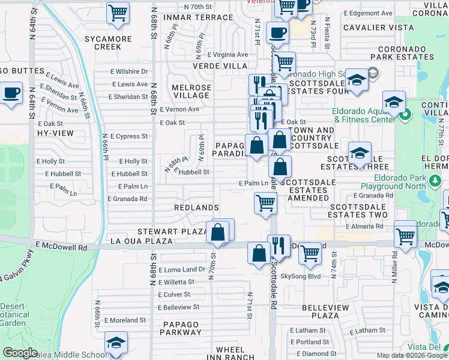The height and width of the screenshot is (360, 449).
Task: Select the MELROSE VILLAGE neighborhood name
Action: click(192, 92)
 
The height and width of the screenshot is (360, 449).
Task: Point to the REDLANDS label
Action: click(196, 207)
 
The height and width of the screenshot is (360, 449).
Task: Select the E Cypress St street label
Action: click(128, 136)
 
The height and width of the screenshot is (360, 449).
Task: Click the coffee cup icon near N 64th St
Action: click(11, 94)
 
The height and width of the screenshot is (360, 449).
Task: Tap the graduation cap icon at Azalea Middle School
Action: click(116, 343)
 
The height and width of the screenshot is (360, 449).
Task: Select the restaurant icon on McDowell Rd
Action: click(279, 245)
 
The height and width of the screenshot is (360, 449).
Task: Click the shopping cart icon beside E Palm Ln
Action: click(265, 202)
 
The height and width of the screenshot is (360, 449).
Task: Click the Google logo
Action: click(20, 353)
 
